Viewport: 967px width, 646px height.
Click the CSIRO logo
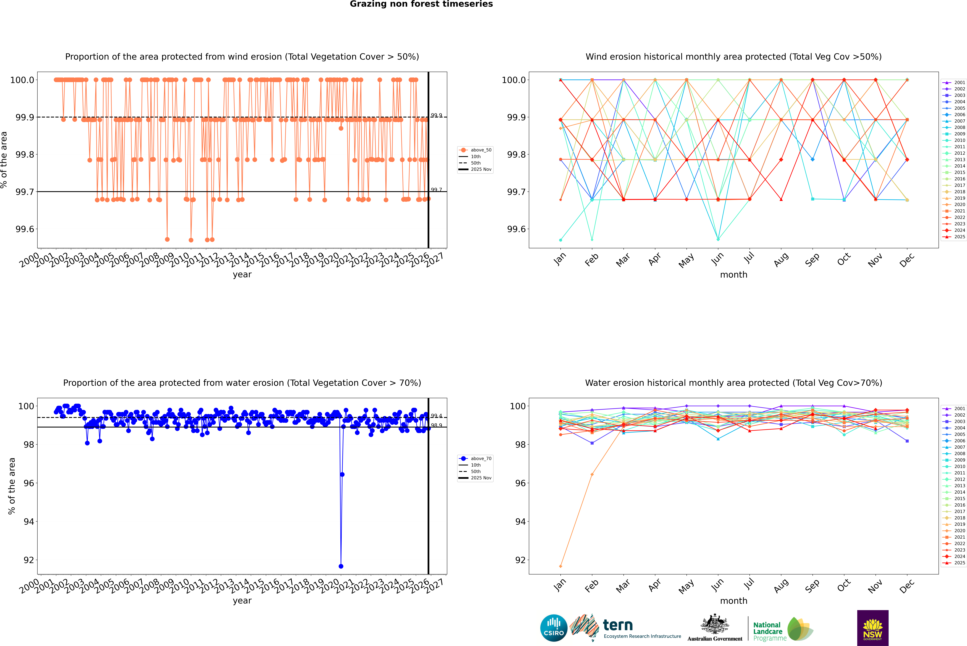click(x=554, y=628)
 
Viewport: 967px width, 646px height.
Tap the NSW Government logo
click(x=873, y=628)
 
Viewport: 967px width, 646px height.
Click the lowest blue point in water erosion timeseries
click(x=341, y=566)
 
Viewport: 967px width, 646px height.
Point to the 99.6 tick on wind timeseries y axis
click(x=25, y=229)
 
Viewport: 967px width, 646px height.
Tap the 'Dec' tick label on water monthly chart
click(x=907, y=586)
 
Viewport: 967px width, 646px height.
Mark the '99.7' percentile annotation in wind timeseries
click(x=436, y=190)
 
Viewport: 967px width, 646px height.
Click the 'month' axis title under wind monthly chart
click(x=733, y=275)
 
